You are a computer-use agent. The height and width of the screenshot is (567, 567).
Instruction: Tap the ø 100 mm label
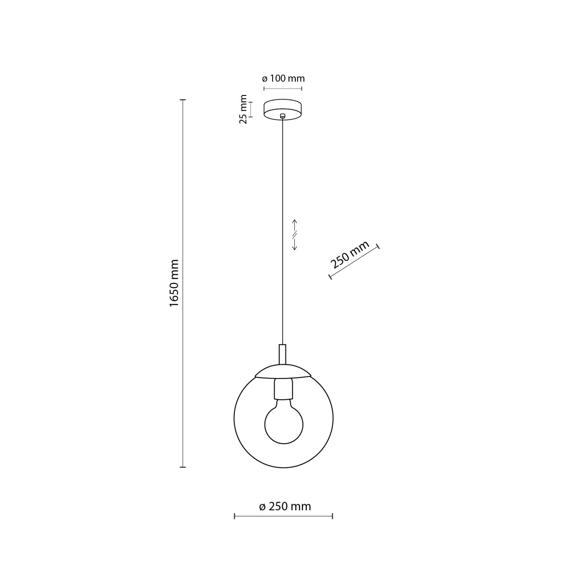click(283, 78)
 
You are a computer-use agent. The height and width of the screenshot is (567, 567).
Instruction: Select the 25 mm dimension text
click(243, 109)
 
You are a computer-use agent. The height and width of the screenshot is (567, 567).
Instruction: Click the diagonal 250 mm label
click(350, 255)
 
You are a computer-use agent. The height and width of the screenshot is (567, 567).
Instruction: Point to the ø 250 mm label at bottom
click(285, 507)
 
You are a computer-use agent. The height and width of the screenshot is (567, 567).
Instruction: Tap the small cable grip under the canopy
click(283, 116)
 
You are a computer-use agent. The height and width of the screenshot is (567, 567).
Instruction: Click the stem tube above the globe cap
click(283, 353)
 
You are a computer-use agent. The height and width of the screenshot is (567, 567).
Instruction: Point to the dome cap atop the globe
click(283, 371)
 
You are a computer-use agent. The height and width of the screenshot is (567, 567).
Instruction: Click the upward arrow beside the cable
click(294, 224)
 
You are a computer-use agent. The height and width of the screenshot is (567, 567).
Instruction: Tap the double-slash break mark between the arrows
click(294, 234)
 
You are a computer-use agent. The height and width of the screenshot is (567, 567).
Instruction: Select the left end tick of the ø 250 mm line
click(235, 516)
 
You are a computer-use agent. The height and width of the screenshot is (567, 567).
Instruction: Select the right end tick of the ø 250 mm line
click(333, 516)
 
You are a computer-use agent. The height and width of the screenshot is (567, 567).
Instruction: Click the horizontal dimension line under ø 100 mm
click(283, 89)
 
